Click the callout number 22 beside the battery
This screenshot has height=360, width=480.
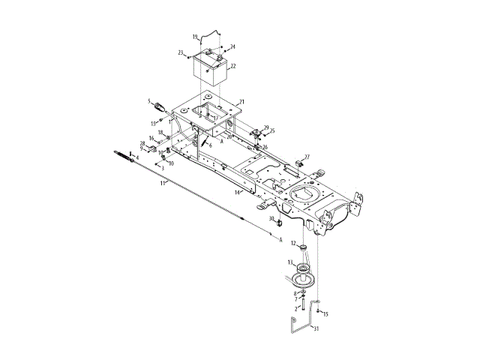pos(233,66)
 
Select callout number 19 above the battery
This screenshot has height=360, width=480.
pos(194,36)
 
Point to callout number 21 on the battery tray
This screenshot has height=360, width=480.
pos(241,101)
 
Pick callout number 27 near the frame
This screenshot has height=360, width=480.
pos(307,157)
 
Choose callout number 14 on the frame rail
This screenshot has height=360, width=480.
pos(237,193)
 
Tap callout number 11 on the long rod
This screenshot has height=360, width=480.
pos(163,183)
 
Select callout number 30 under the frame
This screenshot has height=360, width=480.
pos(271,218)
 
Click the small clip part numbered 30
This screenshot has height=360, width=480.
pos(278,223)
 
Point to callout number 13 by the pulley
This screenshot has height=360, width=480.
pos(293,243)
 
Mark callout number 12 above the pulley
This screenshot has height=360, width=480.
pos(303,247)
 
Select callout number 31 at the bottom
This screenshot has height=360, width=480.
pos(316,328)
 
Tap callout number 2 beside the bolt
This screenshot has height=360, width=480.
pos(295,307)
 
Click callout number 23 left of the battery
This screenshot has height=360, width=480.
pos(181,52)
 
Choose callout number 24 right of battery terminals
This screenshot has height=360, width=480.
pos(232,46)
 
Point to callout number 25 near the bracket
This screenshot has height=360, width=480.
pos(271,131)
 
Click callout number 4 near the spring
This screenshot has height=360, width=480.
pos(137,157)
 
